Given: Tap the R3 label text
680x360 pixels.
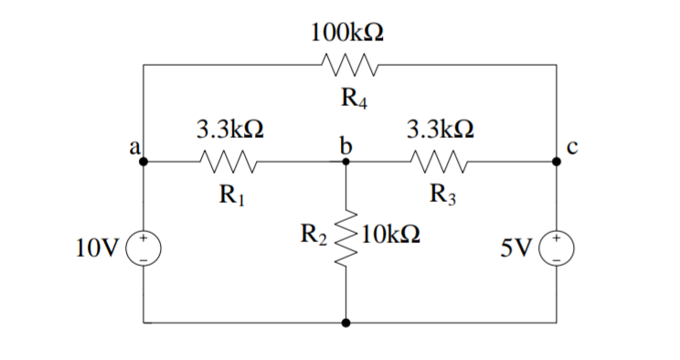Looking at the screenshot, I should [x=442, y=195].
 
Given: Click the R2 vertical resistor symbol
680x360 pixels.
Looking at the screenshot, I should [x=346, y=242].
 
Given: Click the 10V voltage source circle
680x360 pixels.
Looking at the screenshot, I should [x=144, y=248].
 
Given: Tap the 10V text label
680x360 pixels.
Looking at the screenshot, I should [x=98, y=248].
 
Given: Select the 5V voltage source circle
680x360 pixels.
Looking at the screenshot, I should [x=557, y=248].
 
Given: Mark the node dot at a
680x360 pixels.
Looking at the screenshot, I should [x=144, y=162].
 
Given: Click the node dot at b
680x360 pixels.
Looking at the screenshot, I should [x=346, y=162].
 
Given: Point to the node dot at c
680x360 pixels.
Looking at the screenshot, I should [x=557, y=162].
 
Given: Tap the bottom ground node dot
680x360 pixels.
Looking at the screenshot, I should [x=346, y=323].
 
